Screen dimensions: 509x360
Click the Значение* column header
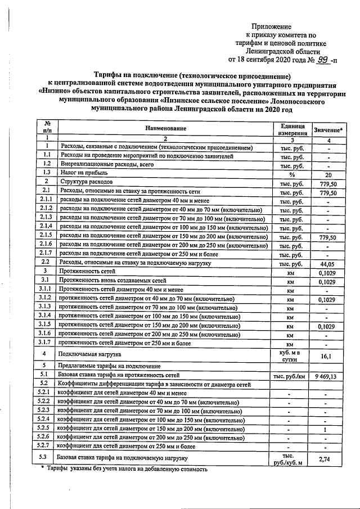327,130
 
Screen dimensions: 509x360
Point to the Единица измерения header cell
291,129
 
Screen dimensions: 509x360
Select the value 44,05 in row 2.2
327,263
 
